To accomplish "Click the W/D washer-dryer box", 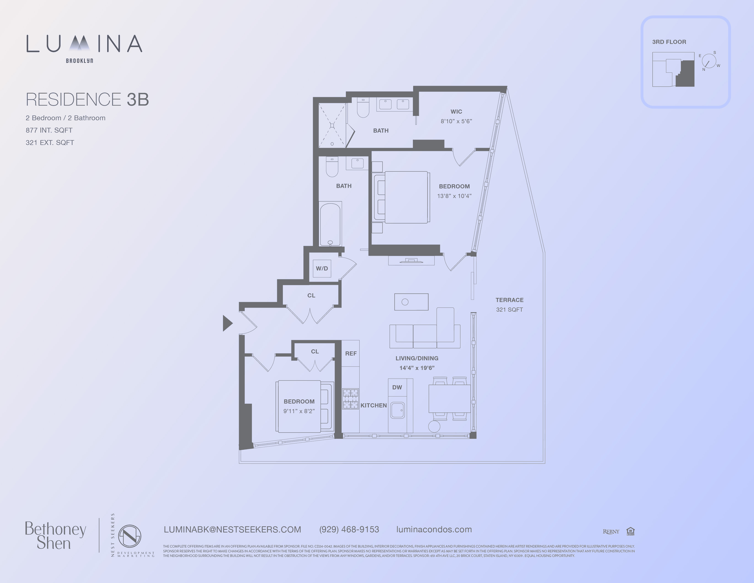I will click(322, 269).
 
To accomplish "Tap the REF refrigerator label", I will click(351, 353).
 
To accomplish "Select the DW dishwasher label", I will click(397, 387).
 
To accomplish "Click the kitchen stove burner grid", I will click(350, 399).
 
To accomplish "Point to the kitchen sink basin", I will click(397, 410).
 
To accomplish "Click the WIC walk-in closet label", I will click(456, 112).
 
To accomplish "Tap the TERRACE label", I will click(509, 300).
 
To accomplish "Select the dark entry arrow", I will click(227, 323).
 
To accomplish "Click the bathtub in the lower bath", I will click(330, 224).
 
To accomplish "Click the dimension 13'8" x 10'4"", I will click(454, 196).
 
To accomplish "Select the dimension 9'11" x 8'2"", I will click(299, 411).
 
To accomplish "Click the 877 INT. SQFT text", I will click(49, 130).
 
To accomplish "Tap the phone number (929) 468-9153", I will click(349, 530).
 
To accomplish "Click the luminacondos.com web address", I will click(434, 530).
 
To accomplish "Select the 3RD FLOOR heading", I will click(669, 42).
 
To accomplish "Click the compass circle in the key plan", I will click(708, 61).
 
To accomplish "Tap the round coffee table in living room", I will click(405, 302).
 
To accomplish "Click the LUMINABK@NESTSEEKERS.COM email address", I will click(232, 530).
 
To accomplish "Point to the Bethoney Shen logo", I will click(55, 536).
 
